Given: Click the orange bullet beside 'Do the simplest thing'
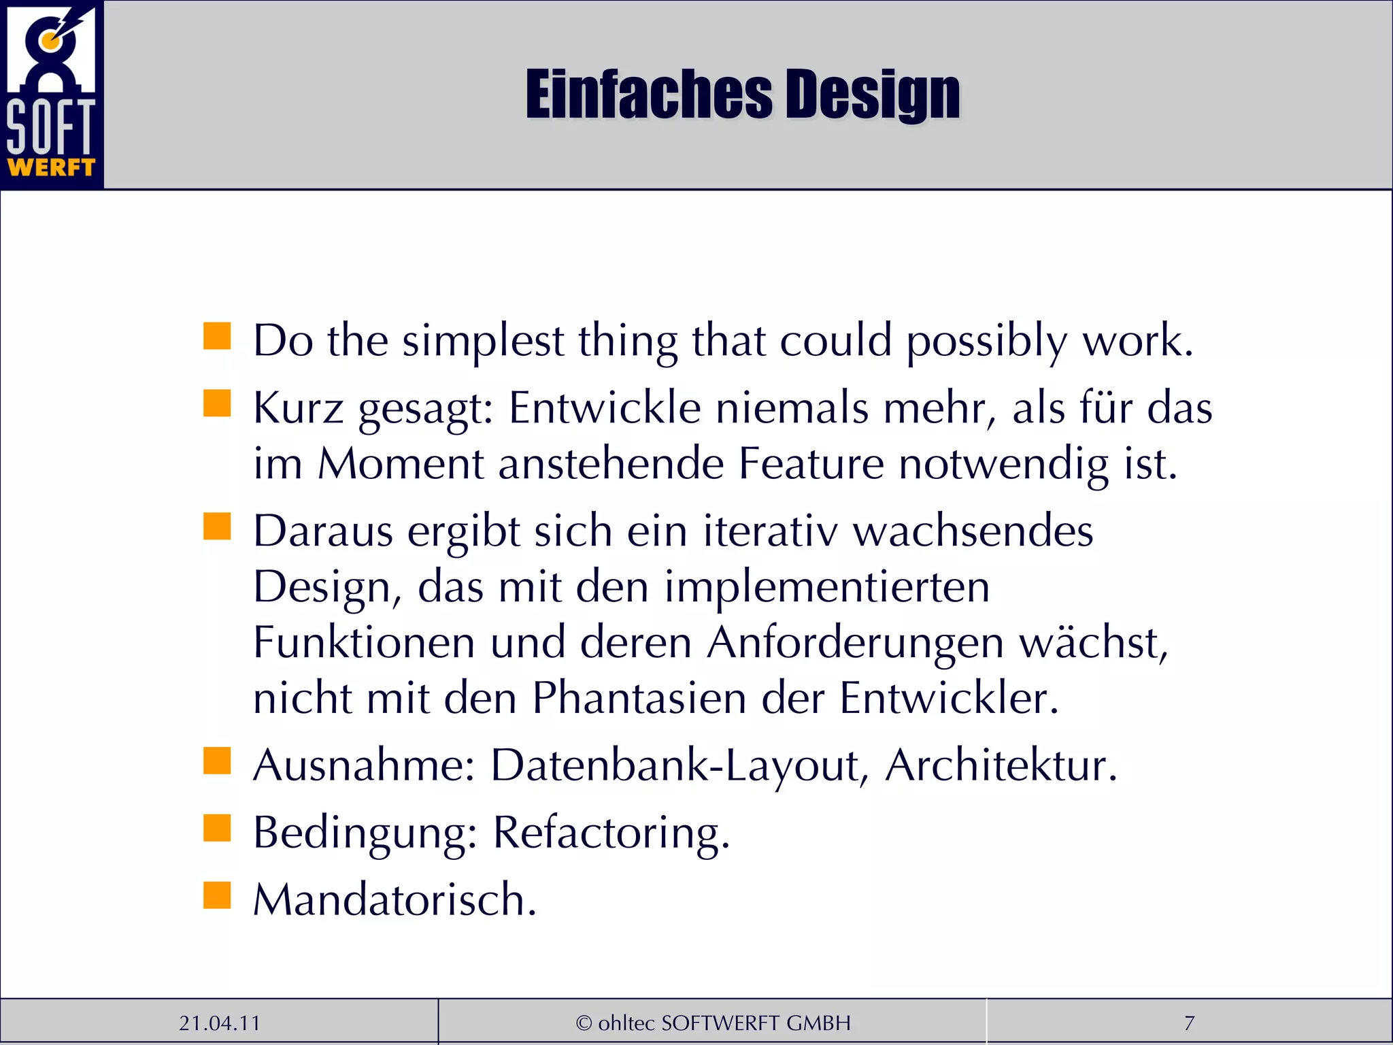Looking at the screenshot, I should click(217, 336).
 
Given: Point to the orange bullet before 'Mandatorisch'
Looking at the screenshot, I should click(217, 895).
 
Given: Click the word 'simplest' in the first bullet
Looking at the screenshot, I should click(483, 340).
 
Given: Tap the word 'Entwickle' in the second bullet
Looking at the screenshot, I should click(605, 408).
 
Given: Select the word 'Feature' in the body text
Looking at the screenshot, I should click(811, 464).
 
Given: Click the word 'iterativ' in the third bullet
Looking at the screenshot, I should click(770, 531).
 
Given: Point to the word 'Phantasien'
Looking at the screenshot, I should click(639, 698).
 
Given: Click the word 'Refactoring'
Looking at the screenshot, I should click(611, 833).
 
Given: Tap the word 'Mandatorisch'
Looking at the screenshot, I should click(395, 899).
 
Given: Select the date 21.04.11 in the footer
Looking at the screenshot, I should click(219, 1023).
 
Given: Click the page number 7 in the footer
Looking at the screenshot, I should click(1189, 1023).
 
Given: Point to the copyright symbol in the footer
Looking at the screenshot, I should click(584, 1023).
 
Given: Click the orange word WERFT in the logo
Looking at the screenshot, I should click(51, 167).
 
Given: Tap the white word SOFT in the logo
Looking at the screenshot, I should click(51, 127).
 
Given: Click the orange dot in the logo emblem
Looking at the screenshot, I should click(47, 42).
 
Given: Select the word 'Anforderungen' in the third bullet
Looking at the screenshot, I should click(855, 642).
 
